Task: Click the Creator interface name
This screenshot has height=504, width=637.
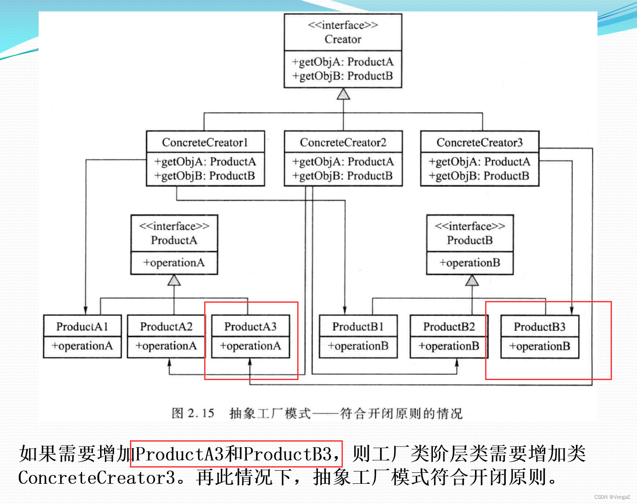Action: click(x=343, y=39)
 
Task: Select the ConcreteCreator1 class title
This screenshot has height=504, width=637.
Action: click(x=205, y=142)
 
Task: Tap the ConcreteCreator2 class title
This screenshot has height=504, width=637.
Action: click(x=343, y=142)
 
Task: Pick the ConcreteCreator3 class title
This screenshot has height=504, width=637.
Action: click(x=479, y=142)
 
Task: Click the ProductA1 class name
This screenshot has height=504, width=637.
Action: click(x=82, y=326)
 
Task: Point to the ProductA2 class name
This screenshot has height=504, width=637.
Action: click(x=166, y=326)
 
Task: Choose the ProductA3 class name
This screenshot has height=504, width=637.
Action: click(x=250, y=326)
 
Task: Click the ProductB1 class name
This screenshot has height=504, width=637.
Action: click(x=358, y=326)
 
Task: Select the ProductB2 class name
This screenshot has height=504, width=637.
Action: click(x=449, y=326)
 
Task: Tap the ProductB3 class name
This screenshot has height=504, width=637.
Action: click(x=540, y=327)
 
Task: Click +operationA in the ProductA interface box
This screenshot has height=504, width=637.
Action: click(x=174, y=263)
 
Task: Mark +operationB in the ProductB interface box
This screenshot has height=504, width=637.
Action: click(x=470, y=263)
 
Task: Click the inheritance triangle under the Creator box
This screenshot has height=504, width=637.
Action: click(x=343, y=94)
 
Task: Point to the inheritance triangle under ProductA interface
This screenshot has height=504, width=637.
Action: click(x=174, y=280)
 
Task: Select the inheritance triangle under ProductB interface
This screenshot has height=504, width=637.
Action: click(x=472, y=280)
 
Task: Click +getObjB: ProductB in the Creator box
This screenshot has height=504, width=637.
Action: click(x=343, y=76)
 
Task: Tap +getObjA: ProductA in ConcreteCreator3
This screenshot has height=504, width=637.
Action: click(x=479, y=162)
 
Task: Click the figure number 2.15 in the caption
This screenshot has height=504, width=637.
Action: click(x=201, y=413)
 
